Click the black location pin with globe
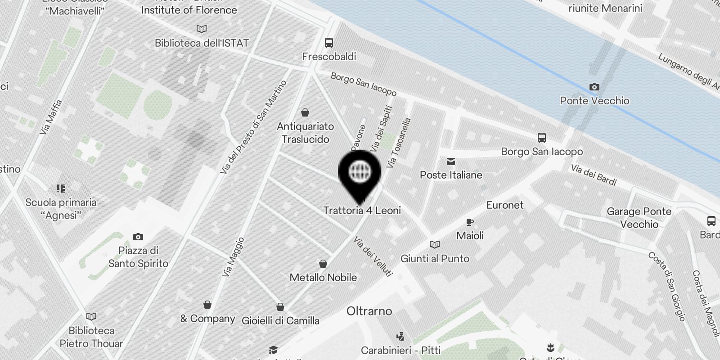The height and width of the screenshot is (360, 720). [x=360, y=173]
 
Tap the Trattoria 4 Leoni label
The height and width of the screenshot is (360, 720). [x=362, y=210]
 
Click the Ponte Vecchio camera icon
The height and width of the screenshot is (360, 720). [x=594, y=87]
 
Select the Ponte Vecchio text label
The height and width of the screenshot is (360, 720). [x=594, y=100]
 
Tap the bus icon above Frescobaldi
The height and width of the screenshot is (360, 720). [x=329, y=43]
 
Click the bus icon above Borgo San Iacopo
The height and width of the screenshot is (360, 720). [x=542, y=138]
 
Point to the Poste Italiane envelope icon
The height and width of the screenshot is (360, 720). [x=450, y=162]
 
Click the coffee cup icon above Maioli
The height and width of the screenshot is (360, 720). [x=470, y=222]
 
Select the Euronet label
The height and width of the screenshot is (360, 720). [x=505, y=205]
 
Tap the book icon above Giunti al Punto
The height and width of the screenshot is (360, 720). [x=435, y=244]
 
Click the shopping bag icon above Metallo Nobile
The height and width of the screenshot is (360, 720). [x=323, y=264]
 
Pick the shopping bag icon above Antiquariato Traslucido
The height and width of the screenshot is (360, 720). [x=305, y=112]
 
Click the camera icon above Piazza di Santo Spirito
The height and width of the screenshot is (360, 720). [x=138, y=237]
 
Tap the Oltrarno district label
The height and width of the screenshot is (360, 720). [x=369, y=311]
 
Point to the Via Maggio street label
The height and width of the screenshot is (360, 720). [x=233, y=257]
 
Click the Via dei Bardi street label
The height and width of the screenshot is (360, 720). [x=594, y=175]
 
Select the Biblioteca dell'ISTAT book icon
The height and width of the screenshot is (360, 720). [x=202, y=29]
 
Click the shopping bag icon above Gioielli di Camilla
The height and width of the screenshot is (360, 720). [x=280, y=307]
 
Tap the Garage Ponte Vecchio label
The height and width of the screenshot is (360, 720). [x=639, y=218]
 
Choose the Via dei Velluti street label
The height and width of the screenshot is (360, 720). [x=373, y=256]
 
